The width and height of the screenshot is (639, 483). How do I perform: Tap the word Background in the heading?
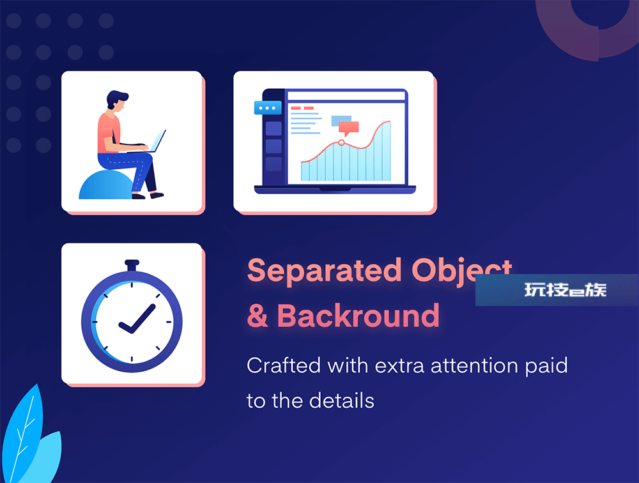pyautogui.click(x=358, y=316)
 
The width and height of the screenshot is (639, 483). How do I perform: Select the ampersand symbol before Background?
pyautogui.click(x=258, y=316)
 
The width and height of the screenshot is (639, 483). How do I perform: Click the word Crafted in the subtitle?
pyautogui.click(x=283, y=365)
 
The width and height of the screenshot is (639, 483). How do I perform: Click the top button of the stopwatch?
pyautogui.click(x=132, y=265)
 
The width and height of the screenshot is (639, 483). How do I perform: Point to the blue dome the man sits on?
pyautogui.click(x=106, y=185)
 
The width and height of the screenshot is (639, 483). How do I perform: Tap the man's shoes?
pyautogui.click(x=148, y=195)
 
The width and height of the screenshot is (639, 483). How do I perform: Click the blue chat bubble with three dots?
pyautogui.click(x=268, y=108)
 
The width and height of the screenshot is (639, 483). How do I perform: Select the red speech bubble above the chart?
pyautogui.click(x=348, y=128)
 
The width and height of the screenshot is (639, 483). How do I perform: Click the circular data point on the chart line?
pyautogui.click(x=341, y=142)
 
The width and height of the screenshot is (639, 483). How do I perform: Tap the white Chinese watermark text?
pyautogui.click(x=566, y=290)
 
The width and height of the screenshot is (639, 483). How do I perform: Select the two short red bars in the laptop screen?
pyautogui.click(x=302, y=108)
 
